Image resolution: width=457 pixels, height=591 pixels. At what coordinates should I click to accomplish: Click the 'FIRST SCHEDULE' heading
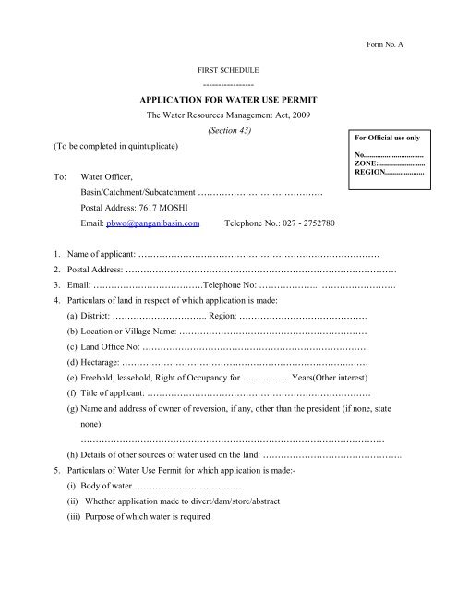228,70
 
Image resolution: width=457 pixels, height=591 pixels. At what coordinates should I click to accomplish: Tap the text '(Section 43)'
228,131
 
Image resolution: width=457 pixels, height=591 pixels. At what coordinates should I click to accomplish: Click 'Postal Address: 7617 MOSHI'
133,208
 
